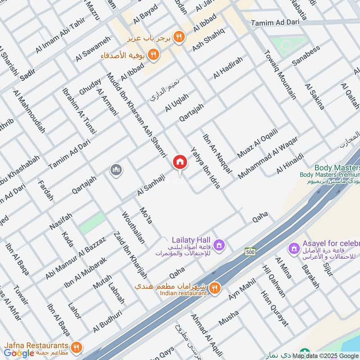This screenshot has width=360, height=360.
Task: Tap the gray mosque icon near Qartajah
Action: coord(116,170)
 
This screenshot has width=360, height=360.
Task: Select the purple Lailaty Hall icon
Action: coord(219,245)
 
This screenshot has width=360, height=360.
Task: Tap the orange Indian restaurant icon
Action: coord(215,287)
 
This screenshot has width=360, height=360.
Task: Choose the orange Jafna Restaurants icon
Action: coord(76,347)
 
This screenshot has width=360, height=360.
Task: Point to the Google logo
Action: coord(19,353)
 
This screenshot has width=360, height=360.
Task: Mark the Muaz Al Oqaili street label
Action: coord(257,143)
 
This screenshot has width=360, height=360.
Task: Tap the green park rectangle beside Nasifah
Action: coord(93,223)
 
